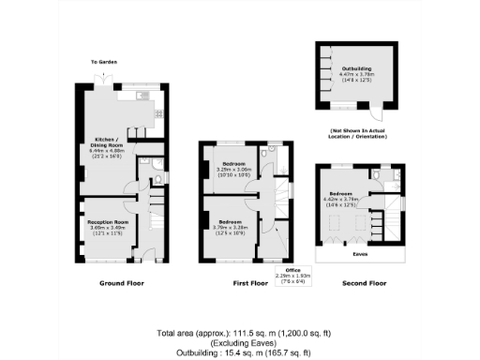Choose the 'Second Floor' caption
click(x=364, y=282)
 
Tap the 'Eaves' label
click(x=359, y=254)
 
